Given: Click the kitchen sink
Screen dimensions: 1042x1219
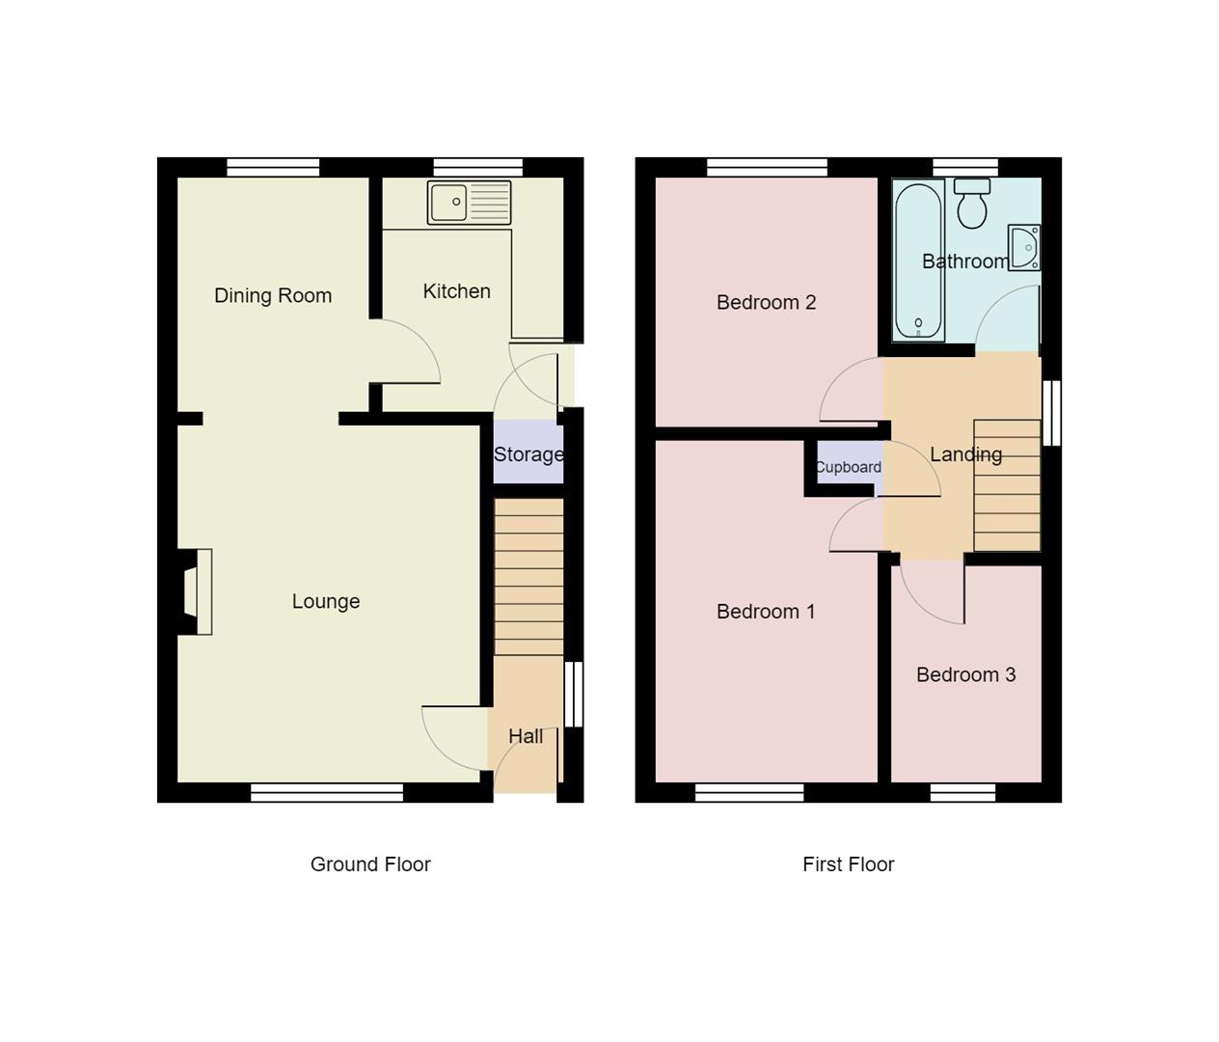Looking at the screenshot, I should pyautogui.click(x=469, y=203).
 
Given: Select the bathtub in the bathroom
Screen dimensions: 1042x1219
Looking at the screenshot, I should pyautogui.click(x=917, y=260).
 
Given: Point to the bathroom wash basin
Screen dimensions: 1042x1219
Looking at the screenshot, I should pyautogui.click(x=1024, y=248).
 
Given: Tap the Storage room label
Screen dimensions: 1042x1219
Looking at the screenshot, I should pyautogui.click(x=528, y=454).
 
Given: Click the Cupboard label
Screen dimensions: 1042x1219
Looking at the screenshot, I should pyautogui.click(x=848, y=468).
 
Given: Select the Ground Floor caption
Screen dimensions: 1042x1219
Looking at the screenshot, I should pyautogui.click(x=370, y=864).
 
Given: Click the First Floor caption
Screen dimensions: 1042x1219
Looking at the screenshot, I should pyautogui.click(x=848, y=864).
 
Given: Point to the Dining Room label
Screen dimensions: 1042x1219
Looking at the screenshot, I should pyautogui.click(x=273, y=296).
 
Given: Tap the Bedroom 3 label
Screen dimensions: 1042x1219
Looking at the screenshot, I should pyautogui.click(x=965, y=675).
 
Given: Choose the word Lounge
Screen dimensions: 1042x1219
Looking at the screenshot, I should pyautogui.click(x=326, y=602).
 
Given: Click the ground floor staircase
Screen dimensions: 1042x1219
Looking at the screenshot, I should pyautogui.click(x=528, y=577).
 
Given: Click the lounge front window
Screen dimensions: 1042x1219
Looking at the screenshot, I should pyautogui.click(x=327, y=793).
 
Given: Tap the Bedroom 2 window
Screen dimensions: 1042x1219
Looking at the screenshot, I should pyautogui.click(x=767, y=167).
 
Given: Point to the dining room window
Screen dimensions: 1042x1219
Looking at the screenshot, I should pyautogui.click(x=273, y=167).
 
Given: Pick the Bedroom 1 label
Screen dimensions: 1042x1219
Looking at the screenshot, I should pyautogui.click(x=766, y=612).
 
